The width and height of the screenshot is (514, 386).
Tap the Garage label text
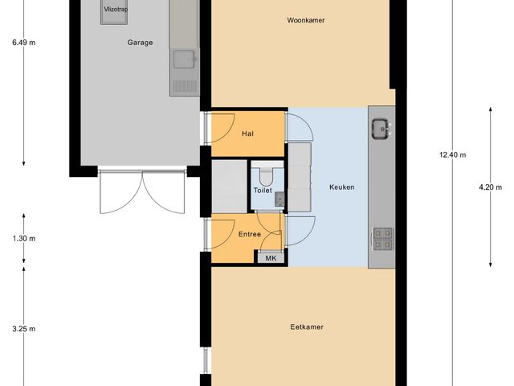140,43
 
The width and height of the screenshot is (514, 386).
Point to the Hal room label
248,134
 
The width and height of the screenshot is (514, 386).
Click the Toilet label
263,191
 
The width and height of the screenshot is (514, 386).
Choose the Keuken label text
342,187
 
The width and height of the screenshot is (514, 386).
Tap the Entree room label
249,234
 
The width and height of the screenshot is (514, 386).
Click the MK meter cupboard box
271,258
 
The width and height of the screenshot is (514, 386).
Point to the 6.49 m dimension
23,43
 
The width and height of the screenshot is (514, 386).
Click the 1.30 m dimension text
23,239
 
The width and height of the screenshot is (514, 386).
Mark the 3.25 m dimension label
23,329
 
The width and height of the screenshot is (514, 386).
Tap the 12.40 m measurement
452,155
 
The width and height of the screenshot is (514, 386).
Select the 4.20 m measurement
490,187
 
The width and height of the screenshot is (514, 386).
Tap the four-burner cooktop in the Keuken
382,238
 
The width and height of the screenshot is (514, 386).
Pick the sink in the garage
184,59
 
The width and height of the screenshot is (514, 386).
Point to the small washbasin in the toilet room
279,198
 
